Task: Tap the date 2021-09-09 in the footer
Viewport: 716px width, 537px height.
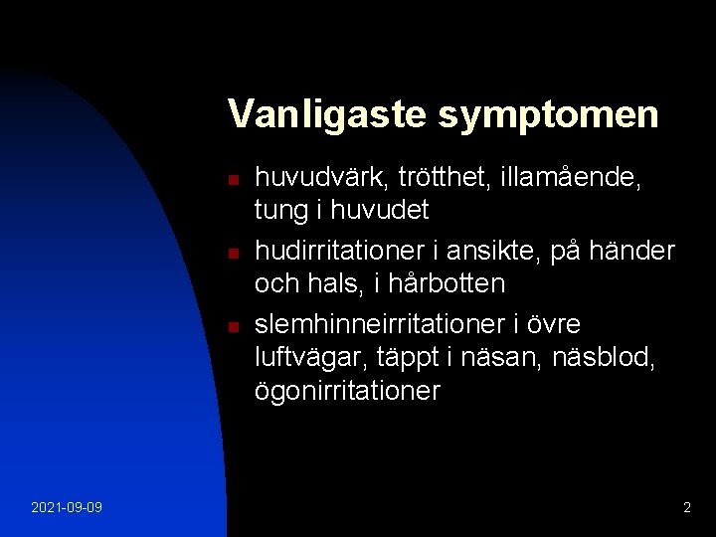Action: click(66, 508)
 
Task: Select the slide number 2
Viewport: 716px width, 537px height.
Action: click(686, 508)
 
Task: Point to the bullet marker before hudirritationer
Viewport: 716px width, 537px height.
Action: click(232, 254)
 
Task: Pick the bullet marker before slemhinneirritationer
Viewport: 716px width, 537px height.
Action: click(232, 327)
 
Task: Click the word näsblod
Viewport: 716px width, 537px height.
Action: click(603, 358)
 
